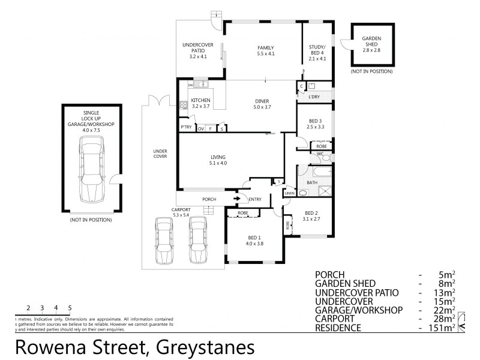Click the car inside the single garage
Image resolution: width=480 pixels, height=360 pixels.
point(92,168)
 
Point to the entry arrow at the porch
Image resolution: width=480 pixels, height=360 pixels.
point(237,199)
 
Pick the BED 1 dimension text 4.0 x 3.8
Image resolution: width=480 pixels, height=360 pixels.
point(254,243)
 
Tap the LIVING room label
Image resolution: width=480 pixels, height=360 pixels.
point(218,157)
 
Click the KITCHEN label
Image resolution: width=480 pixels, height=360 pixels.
point(200,100)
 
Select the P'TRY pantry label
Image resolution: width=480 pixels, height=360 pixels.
point(185,128)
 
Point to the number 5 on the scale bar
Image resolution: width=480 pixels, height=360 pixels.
point(70,308)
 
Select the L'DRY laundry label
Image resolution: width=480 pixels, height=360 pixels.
point(313,97)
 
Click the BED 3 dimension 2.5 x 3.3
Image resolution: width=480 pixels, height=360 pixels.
point(316,127)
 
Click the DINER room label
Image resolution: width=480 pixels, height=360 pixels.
point(262,101)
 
